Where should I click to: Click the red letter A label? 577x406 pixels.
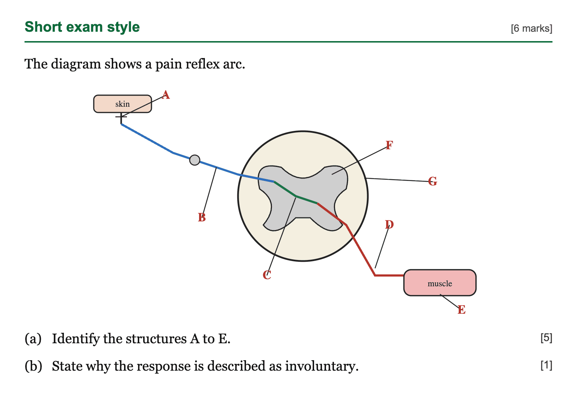point(166,95)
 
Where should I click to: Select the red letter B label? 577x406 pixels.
point(202,217)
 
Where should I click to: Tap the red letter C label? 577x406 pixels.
point(267,275)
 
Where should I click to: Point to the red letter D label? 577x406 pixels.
point(389,224)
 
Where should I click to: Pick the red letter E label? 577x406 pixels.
point(461,310)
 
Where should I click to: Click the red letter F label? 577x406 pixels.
point(389,145)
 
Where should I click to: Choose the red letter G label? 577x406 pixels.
point(433,181)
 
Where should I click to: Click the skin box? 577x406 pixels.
point(122,104)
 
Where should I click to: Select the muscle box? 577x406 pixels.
point(440,283)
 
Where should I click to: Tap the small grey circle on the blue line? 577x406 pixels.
point(194,160)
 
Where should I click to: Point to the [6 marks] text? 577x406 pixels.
point(532,28)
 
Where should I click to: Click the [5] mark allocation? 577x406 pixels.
point(546,338)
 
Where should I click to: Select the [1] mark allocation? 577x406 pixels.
point(546,365)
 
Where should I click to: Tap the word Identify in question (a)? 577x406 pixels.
point(76,339)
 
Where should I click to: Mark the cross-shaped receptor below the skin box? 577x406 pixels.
point(121,118)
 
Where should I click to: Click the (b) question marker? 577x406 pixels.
point(34,366)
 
